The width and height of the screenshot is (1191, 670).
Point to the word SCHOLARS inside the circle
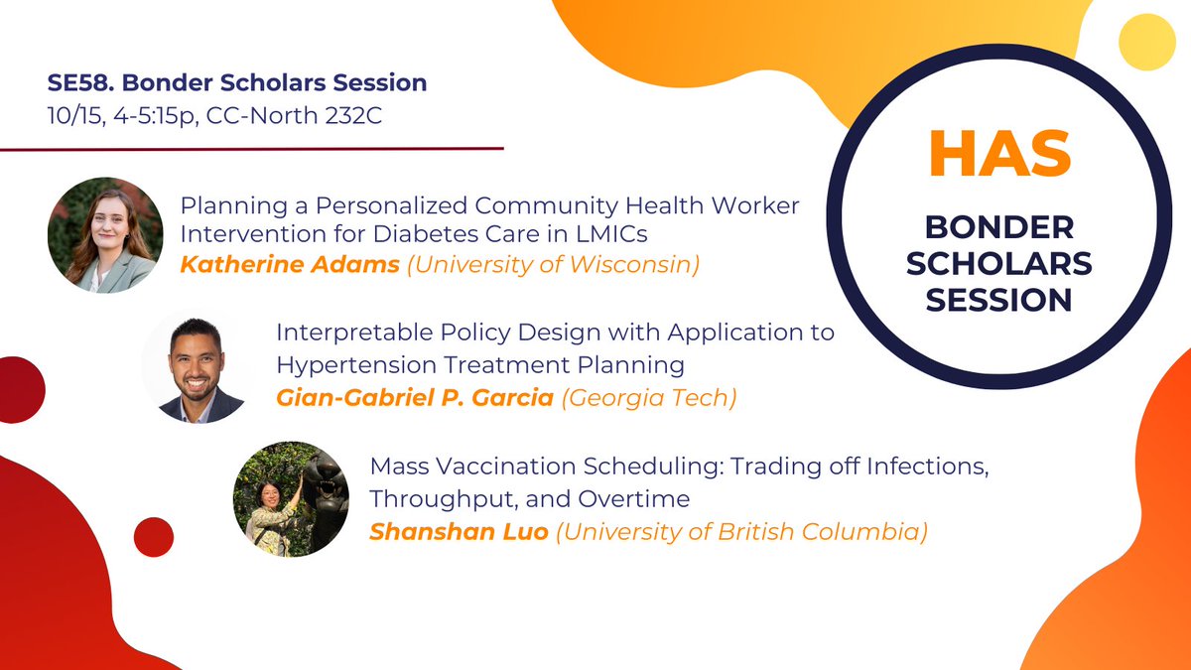pyautogui.click(x=1000, y=263)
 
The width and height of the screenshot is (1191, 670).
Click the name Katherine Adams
pyautogui.click(x=261, y=265)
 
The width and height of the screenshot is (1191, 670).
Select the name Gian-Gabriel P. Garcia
pyautogui.click(x=415, y=398)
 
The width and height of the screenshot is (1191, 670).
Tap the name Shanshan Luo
pyautogui.click(x=458, y=531)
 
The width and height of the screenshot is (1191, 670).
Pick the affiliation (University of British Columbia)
pyautogui.click(x=741, y=531)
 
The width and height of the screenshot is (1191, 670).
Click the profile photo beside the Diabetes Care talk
pyautogui.click(x=104, y=235)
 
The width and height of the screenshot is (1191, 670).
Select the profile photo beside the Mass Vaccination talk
pyautogui.click(x=290, y=499)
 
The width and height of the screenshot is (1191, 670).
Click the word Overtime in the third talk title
pyautogui.click(x=644, y=497)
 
